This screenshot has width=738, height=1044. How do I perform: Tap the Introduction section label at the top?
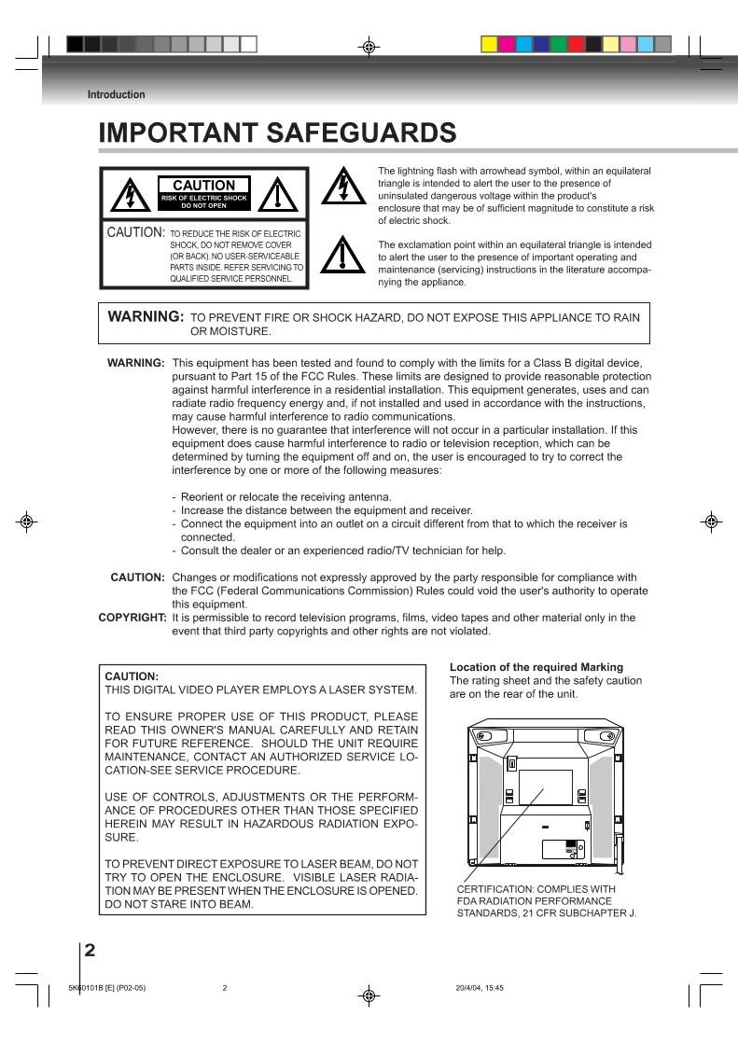click(x=117, y=94)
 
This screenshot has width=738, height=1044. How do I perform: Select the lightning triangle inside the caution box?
click(x=125, y=197)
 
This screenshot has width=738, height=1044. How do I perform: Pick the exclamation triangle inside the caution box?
click(x=277, y=197)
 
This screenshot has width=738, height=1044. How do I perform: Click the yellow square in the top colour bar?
click(x=489, y=44)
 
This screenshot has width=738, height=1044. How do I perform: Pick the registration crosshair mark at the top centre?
click(x=369, y=44)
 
